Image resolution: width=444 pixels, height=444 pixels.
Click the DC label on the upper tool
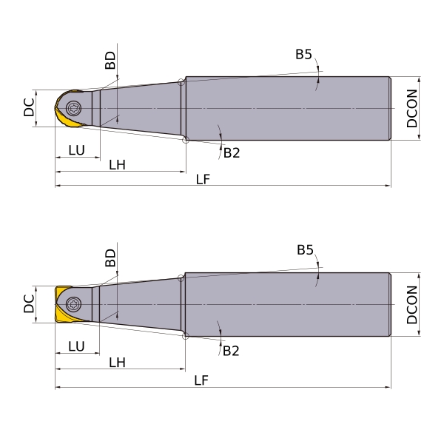[x=29, y=107]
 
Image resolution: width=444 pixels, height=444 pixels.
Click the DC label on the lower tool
[x=29, y=303]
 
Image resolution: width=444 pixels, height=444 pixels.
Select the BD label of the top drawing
[x=110, y=61]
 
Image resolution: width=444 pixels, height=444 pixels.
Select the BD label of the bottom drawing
[x=110, y=258]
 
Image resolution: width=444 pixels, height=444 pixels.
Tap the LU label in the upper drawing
[x=76, y=150]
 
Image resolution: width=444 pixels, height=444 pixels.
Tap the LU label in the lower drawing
[x=76, y=346]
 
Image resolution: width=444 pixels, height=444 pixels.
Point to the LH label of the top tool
[x=117, y=165]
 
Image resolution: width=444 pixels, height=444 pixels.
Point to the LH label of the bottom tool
[x=117, y=363]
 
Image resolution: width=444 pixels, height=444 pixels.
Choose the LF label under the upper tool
[x=203, y=180]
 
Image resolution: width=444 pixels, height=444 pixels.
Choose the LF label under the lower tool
[x=201, y=380]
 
